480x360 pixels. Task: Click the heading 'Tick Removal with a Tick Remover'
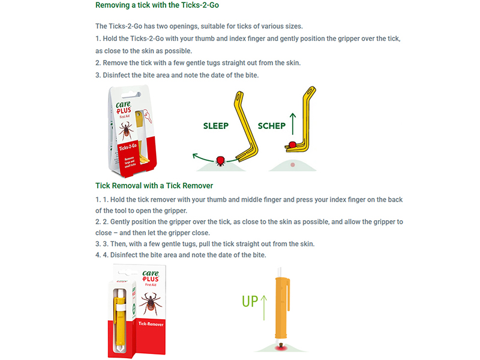[154, 185]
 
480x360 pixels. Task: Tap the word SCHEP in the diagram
[271, 126]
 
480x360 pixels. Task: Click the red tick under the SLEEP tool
[220, 160]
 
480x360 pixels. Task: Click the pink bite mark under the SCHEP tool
[292, 164]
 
